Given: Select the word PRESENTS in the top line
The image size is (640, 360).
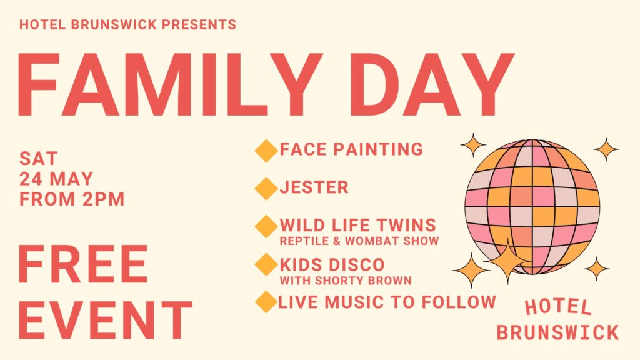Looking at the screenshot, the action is (199, 24).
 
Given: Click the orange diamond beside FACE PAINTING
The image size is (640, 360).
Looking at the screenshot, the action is (266, 151).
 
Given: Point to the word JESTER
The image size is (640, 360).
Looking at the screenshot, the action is (314, 187).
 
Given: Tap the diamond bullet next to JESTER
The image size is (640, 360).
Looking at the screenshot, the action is (266, 189).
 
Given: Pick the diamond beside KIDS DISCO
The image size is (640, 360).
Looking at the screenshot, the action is (266, 264).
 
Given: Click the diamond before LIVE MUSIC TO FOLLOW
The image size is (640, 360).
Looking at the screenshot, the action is (266, 302).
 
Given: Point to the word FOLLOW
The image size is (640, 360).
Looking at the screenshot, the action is (458, 302).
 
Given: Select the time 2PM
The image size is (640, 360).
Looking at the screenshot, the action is (103, 199).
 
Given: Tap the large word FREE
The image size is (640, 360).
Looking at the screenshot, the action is (83, 264).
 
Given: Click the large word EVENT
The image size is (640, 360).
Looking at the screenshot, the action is (105, 321).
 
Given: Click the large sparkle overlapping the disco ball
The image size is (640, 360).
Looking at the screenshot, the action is (507, 261).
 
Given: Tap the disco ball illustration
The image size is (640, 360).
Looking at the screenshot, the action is (532, 206).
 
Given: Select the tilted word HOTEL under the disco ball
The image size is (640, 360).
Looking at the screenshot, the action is (558, 307).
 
